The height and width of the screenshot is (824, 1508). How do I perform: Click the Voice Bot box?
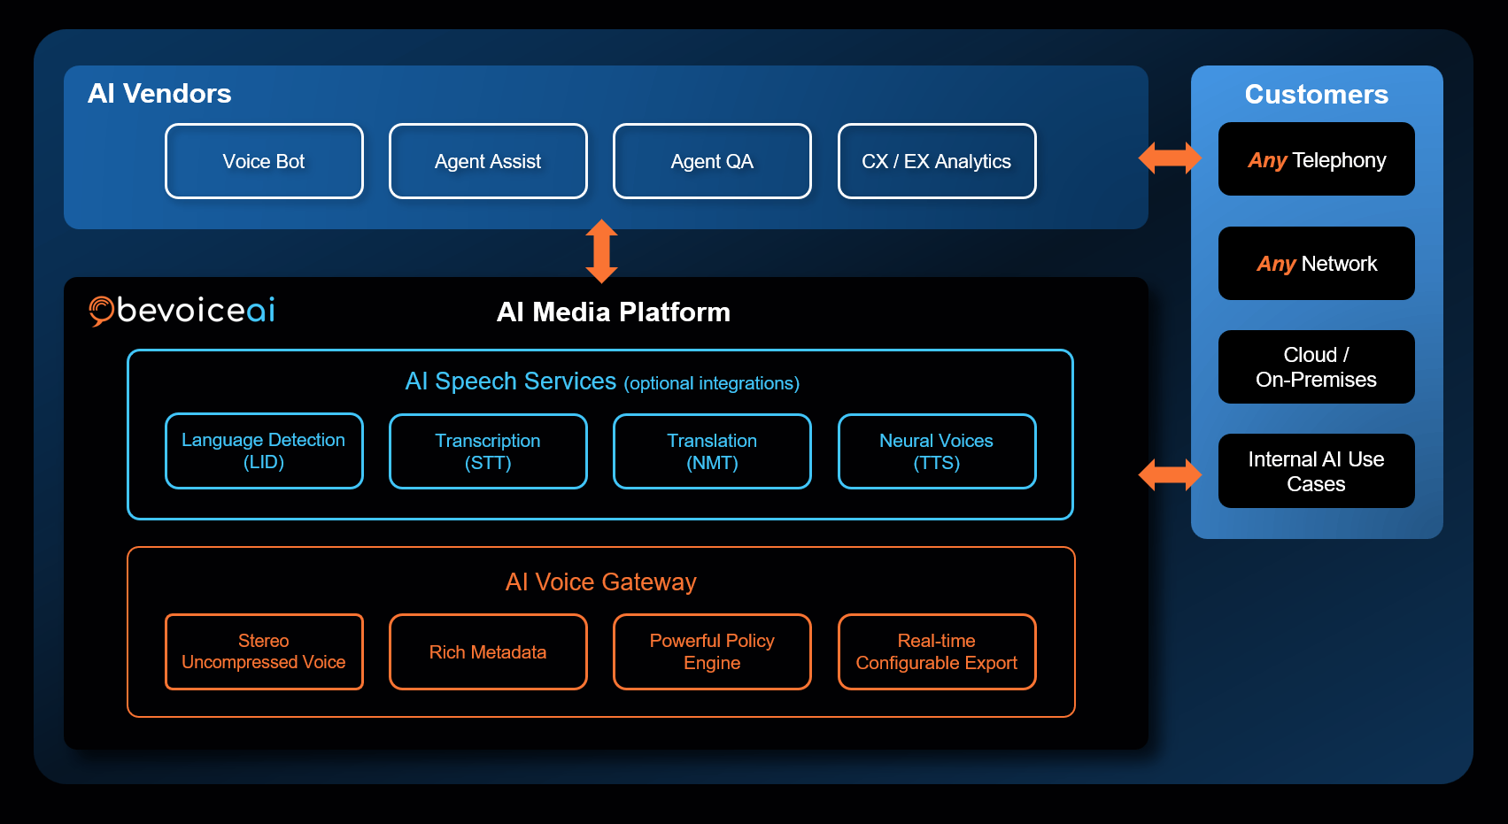pyautogui.click(x=264, y=161)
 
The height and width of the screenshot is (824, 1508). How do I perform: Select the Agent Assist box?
pyautogui.click(x=488, y=161)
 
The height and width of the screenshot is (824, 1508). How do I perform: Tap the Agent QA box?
pyautogui.click(x=712, y=161)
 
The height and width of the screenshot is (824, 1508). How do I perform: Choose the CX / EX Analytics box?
pyautogui.click(x=936, y=161)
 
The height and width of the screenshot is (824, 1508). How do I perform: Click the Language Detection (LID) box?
pyautogui.click(x=264, y=451)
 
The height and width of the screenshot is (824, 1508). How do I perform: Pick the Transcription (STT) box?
pyautogui.click(x=488, y=451)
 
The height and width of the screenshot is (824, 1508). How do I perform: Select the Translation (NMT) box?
pyautogui.click(x=712, y=451)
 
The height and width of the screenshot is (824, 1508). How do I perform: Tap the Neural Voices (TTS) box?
pyautogui.click(x=936, y=451)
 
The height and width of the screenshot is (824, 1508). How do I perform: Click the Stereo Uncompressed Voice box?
pyautogui.click(x=264, y=651)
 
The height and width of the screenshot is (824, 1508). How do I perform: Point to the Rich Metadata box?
pyautogui.click(x=488, y=651)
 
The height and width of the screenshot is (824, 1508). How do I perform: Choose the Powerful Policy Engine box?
pyautogui.click(x=712, y=651)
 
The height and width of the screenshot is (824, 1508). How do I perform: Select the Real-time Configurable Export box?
pyautogui.click(x=936, y=651)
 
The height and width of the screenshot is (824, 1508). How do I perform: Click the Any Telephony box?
pyautogui.click(x=1316, y=159)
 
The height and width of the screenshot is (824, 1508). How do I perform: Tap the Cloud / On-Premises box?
pyautogui.click(x=1316, y=366)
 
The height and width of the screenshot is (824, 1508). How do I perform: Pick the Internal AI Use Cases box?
pyautogui.click(x=1316, y=471)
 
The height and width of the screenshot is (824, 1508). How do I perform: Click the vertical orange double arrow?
pyautogui.click(x=602, y=251)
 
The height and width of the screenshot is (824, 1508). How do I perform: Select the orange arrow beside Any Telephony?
pyautogui.click(x=1170, y=158)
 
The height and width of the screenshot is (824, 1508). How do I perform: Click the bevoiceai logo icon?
pyautogui.click(x=101, y=311)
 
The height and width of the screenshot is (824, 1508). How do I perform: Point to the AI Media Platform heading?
pyautogui.click(x=614, y=312)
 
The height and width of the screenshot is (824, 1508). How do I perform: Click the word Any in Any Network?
pyautogui.click(x=1276, y=264)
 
